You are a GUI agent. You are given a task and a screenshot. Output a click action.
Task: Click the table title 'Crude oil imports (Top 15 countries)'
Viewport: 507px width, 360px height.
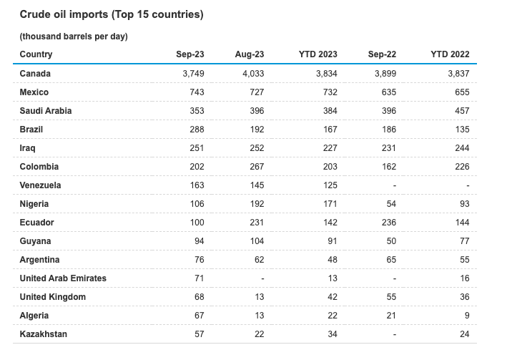point(111,14)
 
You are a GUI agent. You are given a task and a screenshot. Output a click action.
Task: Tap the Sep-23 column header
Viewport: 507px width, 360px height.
point(190,54)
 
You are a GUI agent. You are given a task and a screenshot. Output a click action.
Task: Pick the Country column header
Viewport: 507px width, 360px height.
point(36,54)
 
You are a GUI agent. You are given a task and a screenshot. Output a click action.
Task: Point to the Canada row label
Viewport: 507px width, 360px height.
point(35,74)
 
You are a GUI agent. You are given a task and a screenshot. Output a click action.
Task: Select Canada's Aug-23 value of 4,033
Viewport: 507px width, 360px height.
point(251,74)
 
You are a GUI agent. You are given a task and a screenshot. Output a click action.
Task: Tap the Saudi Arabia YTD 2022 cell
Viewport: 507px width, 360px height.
point(461,111)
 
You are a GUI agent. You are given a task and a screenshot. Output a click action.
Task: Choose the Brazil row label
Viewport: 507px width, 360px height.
point(31,130)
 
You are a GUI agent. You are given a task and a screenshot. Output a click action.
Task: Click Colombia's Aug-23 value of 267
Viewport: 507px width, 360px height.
point(257,167)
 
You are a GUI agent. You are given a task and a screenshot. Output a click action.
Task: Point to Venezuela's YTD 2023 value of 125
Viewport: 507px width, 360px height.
point(329,185)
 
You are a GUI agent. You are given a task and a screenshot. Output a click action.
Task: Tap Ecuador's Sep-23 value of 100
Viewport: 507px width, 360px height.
point(197,223)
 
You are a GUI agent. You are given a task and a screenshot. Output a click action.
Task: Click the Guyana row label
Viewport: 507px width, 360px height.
point(35,241)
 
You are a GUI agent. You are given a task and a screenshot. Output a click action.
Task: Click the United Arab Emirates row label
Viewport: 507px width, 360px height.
point(63,278)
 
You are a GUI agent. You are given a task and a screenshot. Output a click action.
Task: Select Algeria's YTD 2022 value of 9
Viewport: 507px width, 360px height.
point(466,316)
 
